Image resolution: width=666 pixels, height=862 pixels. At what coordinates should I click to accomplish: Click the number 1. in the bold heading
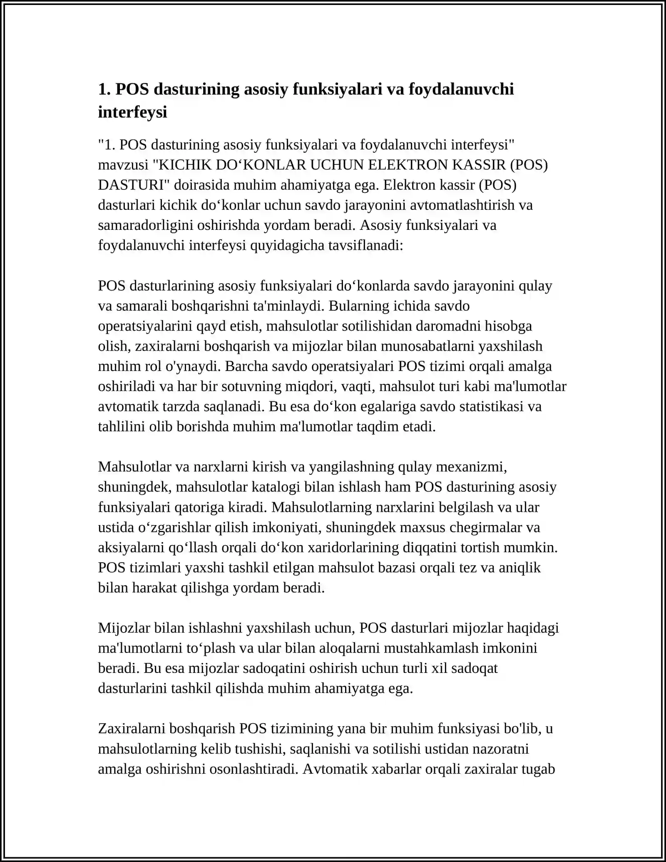[x=104, y=89]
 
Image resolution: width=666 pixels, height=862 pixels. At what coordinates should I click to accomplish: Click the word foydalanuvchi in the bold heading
[x=461, y=89]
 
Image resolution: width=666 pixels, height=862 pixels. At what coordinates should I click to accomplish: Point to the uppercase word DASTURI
[x=133, y=185]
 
